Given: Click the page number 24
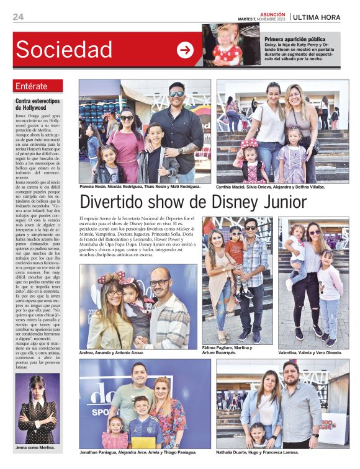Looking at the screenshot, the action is tap(18, 17).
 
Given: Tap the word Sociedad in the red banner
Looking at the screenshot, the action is tap(64, 50).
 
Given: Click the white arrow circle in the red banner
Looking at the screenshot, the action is tap(185, 50).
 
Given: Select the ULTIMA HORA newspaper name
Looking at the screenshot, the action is tap(317, 17).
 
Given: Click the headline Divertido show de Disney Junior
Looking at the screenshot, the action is tap(192, 202).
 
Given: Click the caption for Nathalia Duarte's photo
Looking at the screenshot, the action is tap(266, 452).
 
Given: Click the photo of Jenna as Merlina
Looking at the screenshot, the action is tap(37, 409).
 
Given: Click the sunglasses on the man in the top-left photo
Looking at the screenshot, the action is tap(176, 94).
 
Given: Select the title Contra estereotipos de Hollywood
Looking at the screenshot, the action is tap(37, 104).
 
